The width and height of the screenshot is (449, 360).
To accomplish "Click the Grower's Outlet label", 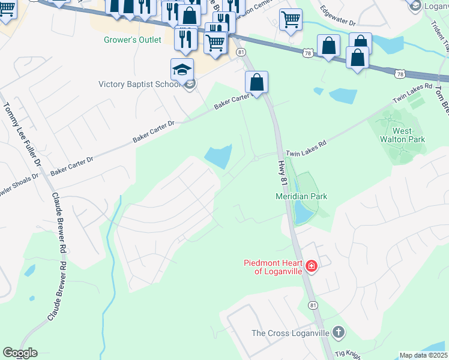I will coord(133,40).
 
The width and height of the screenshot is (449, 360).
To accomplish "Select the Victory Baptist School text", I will coord(139,84).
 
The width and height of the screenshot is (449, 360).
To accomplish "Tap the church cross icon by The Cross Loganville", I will coord(339,332).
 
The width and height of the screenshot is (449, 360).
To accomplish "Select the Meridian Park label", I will coord(301,196).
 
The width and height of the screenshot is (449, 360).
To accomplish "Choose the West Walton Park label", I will coord(408,135).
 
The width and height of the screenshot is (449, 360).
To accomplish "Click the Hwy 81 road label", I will coord(284,169).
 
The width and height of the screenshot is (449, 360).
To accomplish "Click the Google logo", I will coord(20,353).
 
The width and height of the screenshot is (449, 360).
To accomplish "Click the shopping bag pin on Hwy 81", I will coord(256,82).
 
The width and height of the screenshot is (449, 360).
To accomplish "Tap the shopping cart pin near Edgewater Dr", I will coord(291,19).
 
